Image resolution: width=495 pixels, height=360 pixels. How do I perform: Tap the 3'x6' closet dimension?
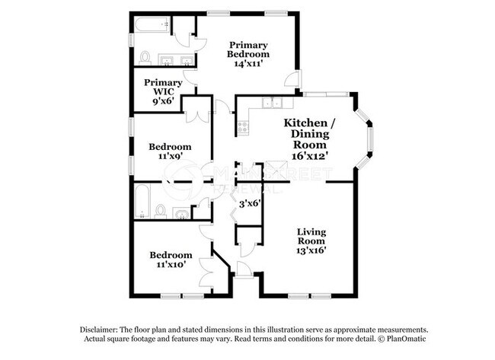pyautogui.click(x=251, y=203)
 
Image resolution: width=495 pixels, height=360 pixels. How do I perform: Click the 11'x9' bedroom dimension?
pyautogui.click(x=170, y=156)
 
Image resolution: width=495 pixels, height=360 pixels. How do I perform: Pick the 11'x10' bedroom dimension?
pyautogui.click(x=170, y=265)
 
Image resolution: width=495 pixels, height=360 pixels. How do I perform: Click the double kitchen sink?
pyautogui.click(x=272, y=104)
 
